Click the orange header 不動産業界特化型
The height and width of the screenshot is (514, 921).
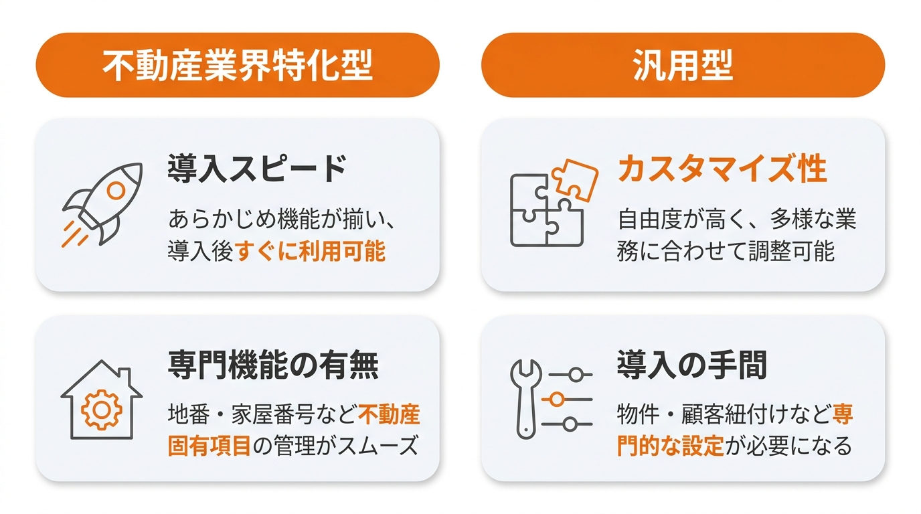click(x=238, y=65)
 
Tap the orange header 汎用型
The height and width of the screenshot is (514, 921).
click(x=683, y=65)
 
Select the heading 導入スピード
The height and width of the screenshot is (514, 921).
click(x=257, y=168)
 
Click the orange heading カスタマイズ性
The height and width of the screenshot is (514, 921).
click(x=722, y=168)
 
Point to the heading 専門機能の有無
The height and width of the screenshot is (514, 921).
click(x=273, y=365)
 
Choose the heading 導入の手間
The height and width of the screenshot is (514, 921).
click(x=692, y=365)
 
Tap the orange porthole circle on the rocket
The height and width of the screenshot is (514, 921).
click(x=116, y=190)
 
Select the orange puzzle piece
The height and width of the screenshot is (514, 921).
click(x=575, y=180)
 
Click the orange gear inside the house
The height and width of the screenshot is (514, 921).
click(x=102, y=410)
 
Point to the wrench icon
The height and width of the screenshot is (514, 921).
click(x=525, y=399)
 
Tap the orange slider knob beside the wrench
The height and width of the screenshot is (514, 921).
click(x=557, y=400)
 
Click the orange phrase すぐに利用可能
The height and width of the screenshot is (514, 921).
click(x=311, y=251)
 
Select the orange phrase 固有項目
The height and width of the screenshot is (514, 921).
click(x=210, y=446)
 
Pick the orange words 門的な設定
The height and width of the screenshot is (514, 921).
click(x=670, y=446)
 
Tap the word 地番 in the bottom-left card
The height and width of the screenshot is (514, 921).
click(x=188, y=414)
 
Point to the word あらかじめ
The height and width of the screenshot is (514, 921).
click(x=222, y=219)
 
